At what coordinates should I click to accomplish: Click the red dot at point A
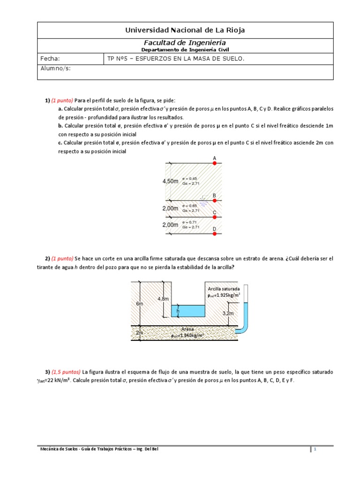tap(215, 164)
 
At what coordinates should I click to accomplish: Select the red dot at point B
tap(215, 201)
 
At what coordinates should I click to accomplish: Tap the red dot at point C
tap(215, 217)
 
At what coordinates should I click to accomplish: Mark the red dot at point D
tap(215, 233)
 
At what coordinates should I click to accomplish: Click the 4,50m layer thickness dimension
tap(170, 181)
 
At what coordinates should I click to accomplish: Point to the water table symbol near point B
tap(203, 199)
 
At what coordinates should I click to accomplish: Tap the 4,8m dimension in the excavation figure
tap(163, 299)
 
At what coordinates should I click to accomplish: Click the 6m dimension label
tap(139, 303)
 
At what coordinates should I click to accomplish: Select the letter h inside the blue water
tap(178, 311)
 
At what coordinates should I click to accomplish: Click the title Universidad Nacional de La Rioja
tap(185, 30)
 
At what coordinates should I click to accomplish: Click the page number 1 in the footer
tap(315, 450)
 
